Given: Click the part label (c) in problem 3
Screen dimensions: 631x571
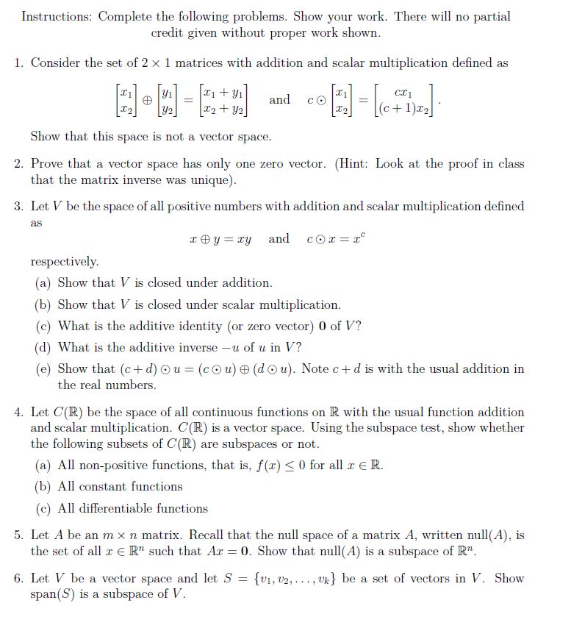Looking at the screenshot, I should (43, 326).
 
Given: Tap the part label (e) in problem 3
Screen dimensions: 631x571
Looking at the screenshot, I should (43, 369).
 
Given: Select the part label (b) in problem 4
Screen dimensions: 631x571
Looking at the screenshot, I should (43, 487).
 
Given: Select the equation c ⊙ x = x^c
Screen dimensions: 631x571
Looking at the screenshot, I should (335, 239).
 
